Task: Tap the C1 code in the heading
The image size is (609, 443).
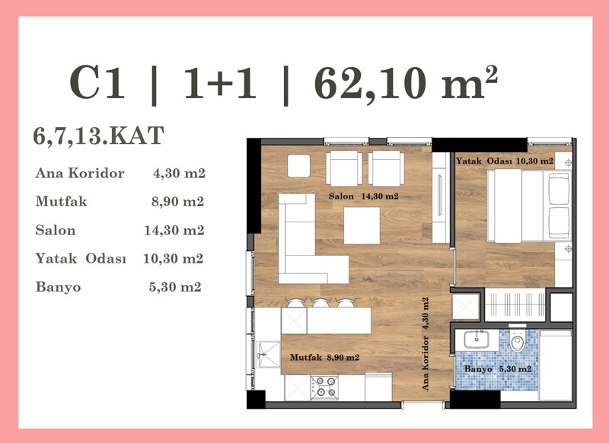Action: [97, 83]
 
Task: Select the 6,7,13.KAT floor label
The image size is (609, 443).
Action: [99, 135]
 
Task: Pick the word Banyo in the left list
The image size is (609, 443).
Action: [59, 287]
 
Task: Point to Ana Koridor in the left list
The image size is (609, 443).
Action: [80, 173]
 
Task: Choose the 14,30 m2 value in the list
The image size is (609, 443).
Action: [174, 230]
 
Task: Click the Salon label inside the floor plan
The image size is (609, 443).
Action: [341, 196]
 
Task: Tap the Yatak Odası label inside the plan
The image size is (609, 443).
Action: [483, 161]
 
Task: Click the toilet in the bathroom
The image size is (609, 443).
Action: [517, 340]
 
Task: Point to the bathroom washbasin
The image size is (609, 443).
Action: [477, 339]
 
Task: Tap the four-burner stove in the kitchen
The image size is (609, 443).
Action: [324, 387]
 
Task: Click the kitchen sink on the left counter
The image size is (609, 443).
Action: [267, 354]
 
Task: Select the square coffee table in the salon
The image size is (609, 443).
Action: [362, 225]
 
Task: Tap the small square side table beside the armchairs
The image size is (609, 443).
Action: [298, 166]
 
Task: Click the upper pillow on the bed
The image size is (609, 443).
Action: [560, 189]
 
